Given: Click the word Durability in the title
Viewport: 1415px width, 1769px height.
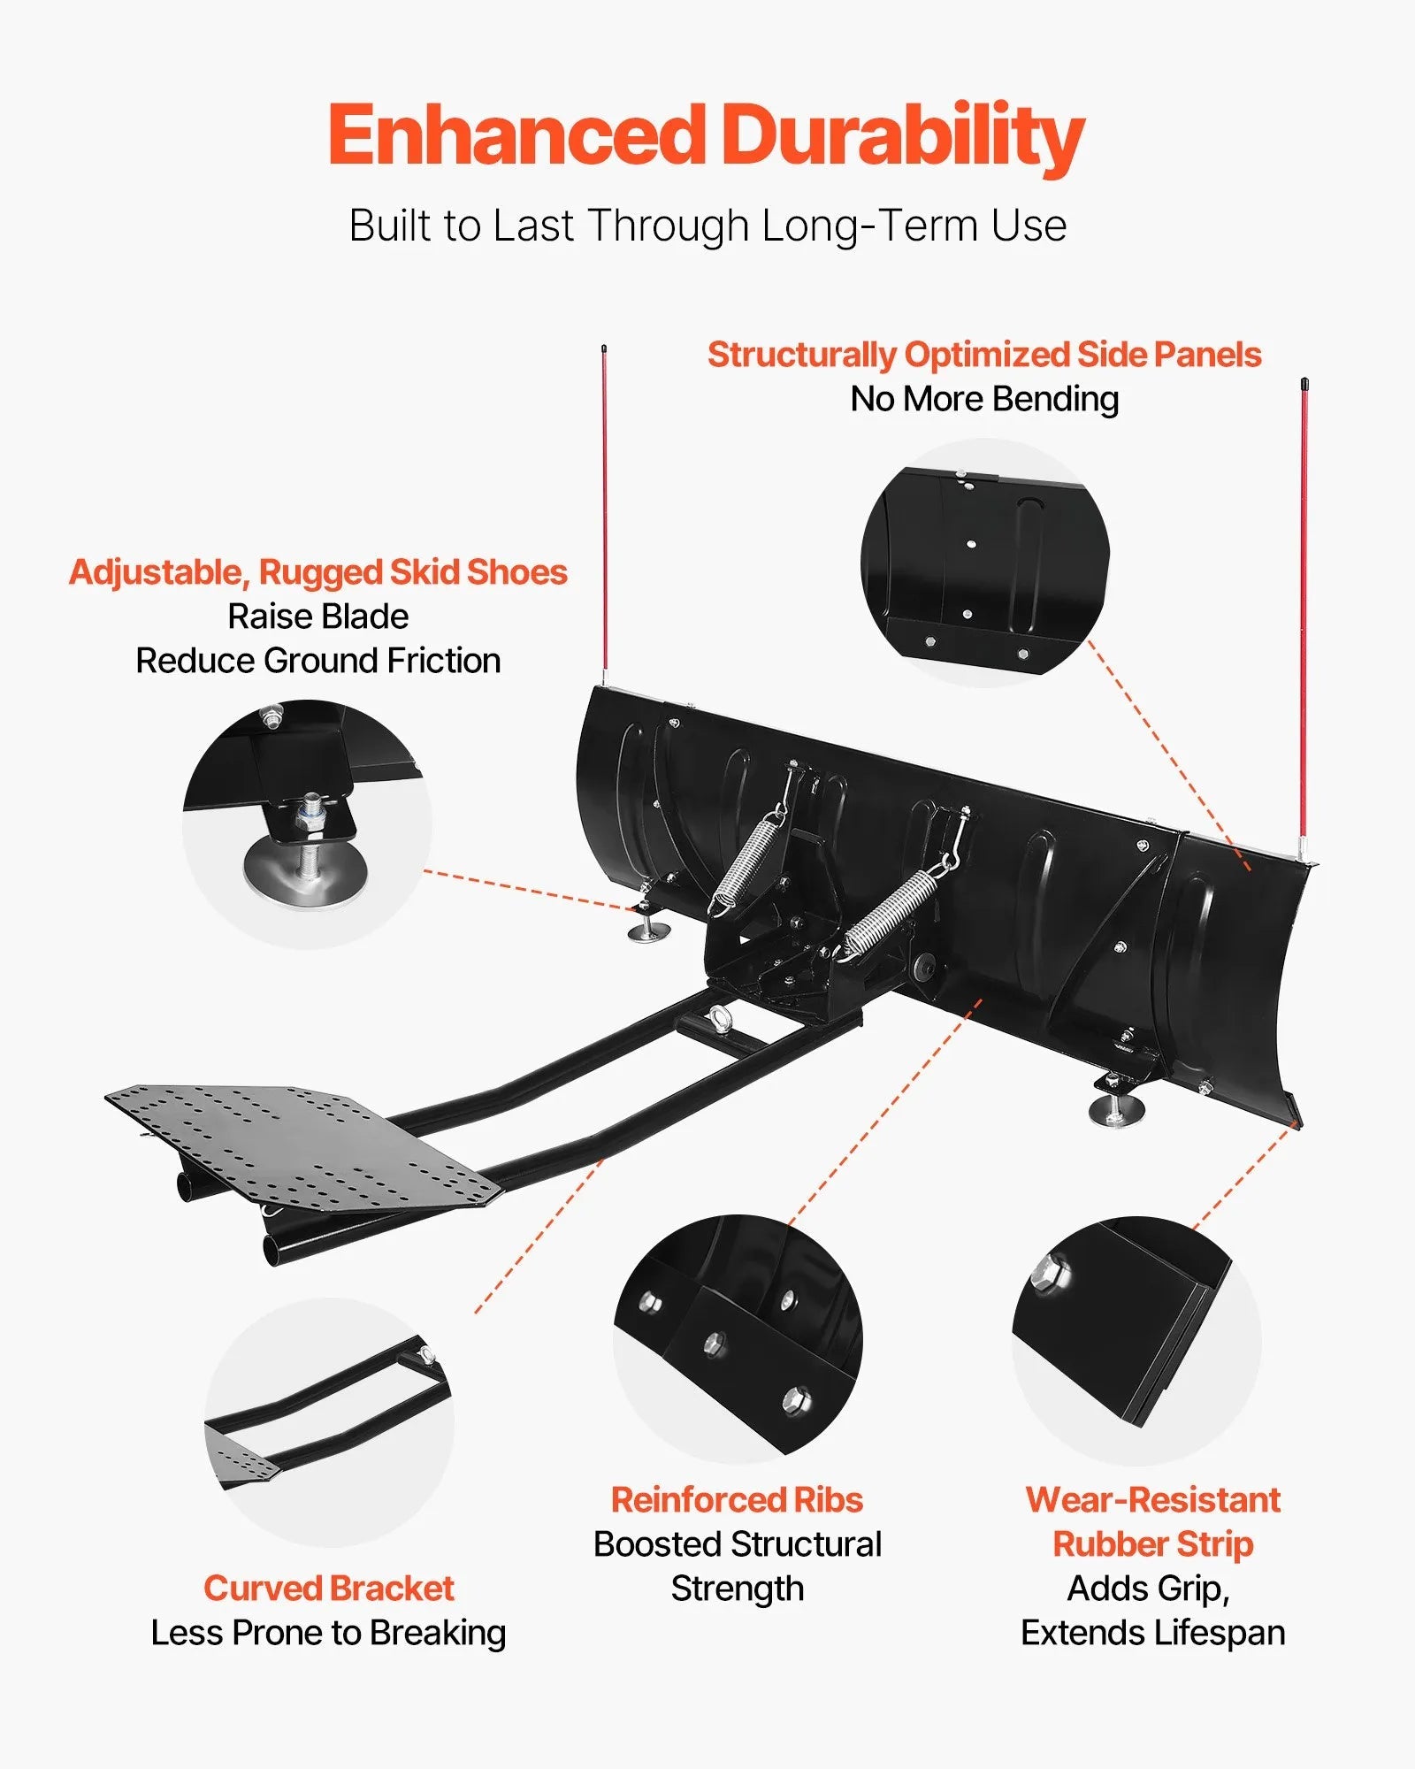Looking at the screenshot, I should tap(902, 137).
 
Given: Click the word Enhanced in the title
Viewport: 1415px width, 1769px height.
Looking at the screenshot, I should tap(517, 137).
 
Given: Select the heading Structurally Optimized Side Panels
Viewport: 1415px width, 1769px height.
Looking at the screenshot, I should tap(983, 355).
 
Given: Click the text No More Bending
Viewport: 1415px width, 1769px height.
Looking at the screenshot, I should tap(983, 399).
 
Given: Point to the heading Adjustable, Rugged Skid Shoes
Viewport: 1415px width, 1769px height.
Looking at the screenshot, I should tap(318, 572).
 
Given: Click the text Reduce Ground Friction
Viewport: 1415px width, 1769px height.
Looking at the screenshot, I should tap(318, 661).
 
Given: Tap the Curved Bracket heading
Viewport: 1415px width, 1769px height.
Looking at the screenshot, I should tap(328, 1589).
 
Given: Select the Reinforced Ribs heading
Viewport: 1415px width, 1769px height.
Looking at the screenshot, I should tap(737, 1500).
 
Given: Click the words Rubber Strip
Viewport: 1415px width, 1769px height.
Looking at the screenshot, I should tap(1152, 1544).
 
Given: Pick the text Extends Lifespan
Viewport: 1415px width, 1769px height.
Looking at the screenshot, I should tap(1152, 1633).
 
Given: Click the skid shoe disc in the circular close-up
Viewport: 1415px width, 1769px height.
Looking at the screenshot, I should tap(305, 870).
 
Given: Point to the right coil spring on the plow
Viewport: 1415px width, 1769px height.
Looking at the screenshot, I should tap(889, 911).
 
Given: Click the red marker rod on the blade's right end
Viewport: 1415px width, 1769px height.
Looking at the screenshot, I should tap(1304, 619).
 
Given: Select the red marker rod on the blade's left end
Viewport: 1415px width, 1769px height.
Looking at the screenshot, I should tap(604, 513).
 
